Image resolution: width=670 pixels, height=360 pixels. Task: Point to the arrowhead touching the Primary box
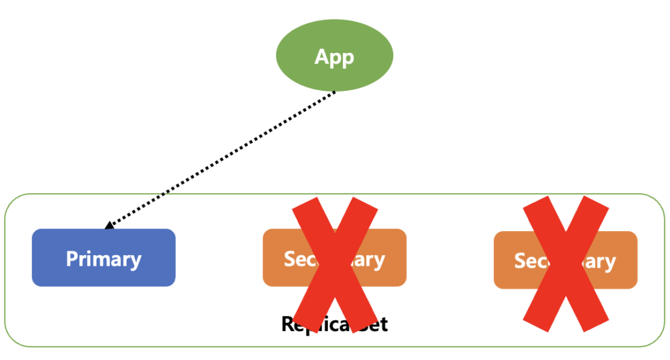click(x=109, y=226)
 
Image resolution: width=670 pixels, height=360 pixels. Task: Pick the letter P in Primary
click(x=71, y=259)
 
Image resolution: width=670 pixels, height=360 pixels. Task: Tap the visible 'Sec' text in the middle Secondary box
click(x=298, y=259)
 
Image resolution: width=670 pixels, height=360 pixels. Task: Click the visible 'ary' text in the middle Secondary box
click(x=369, y=260)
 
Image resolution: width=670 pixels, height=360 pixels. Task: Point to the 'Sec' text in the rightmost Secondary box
click(x=529, y=261)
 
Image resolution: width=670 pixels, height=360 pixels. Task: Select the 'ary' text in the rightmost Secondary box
click(x=599, y=262)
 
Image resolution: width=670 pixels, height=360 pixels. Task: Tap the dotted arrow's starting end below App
click(x=334, y=92)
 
